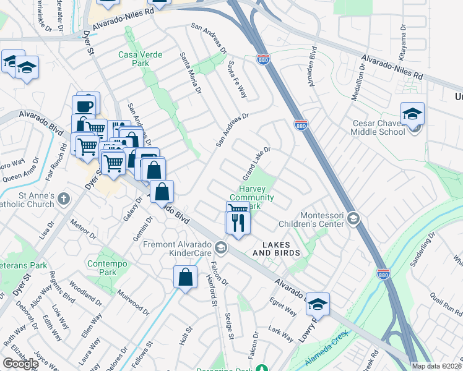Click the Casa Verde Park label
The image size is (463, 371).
pos(141,59)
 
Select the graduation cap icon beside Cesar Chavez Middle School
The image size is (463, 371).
pos(412,114)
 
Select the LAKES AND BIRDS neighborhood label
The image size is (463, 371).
pos(276,249)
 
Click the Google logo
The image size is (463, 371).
pos(20,364)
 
